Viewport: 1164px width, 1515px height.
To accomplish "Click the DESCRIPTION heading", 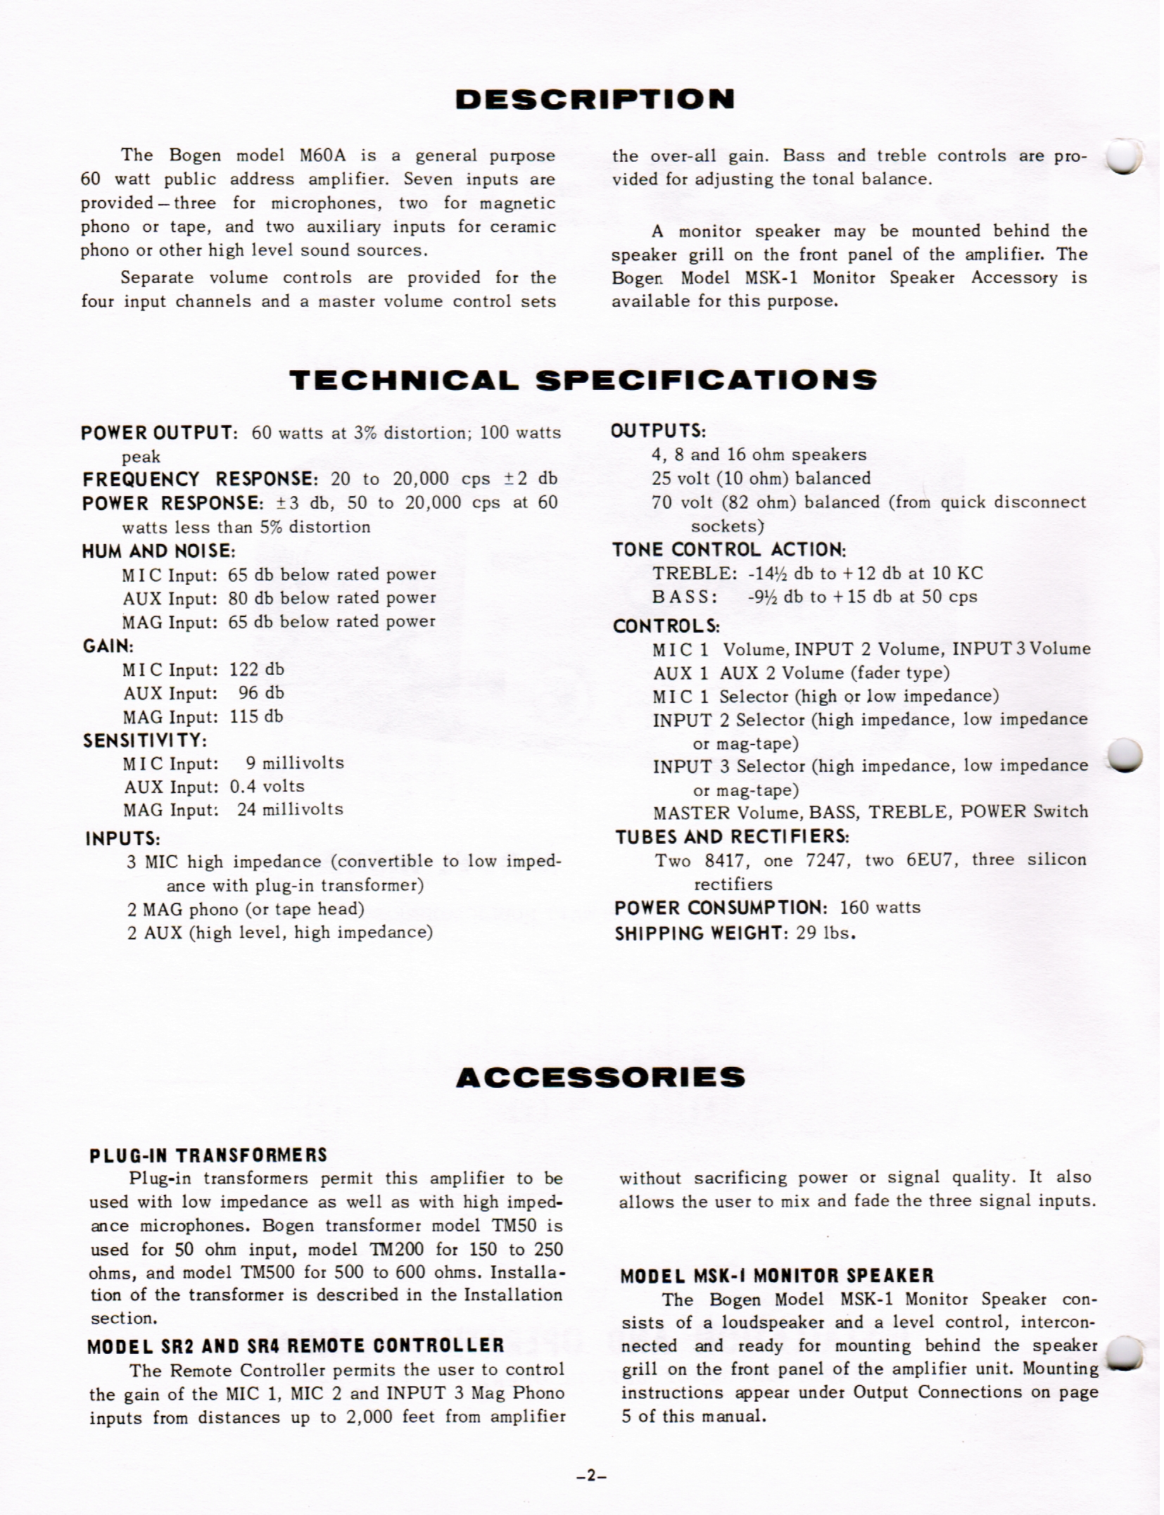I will (x=595, y=99).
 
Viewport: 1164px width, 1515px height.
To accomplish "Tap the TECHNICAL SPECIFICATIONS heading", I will (x=583, y=380).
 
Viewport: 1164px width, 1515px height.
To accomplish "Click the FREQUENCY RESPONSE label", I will (x=201, y=479).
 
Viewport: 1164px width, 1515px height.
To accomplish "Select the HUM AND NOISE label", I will (x=158, y=550).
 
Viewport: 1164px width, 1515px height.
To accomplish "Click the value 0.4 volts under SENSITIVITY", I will (x=267, y=786).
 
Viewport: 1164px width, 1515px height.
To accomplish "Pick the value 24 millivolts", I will (x=290, y=809).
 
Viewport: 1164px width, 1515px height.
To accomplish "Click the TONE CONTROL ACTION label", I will (x=729, y=549).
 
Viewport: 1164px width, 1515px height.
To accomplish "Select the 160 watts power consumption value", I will (x=880, y=908).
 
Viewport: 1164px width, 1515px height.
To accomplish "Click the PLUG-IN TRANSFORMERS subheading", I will (x=208, y=1155).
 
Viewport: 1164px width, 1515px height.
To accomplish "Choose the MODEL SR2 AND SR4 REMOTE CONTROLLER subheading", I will (x=296, y=1345).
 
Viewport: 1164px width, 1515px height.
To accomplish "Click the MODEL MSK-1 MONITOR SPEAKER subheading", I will (x=777, y=1275).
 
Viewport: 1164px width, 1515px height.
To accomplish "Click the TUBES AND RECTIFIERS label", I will (x=732, y=837).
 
